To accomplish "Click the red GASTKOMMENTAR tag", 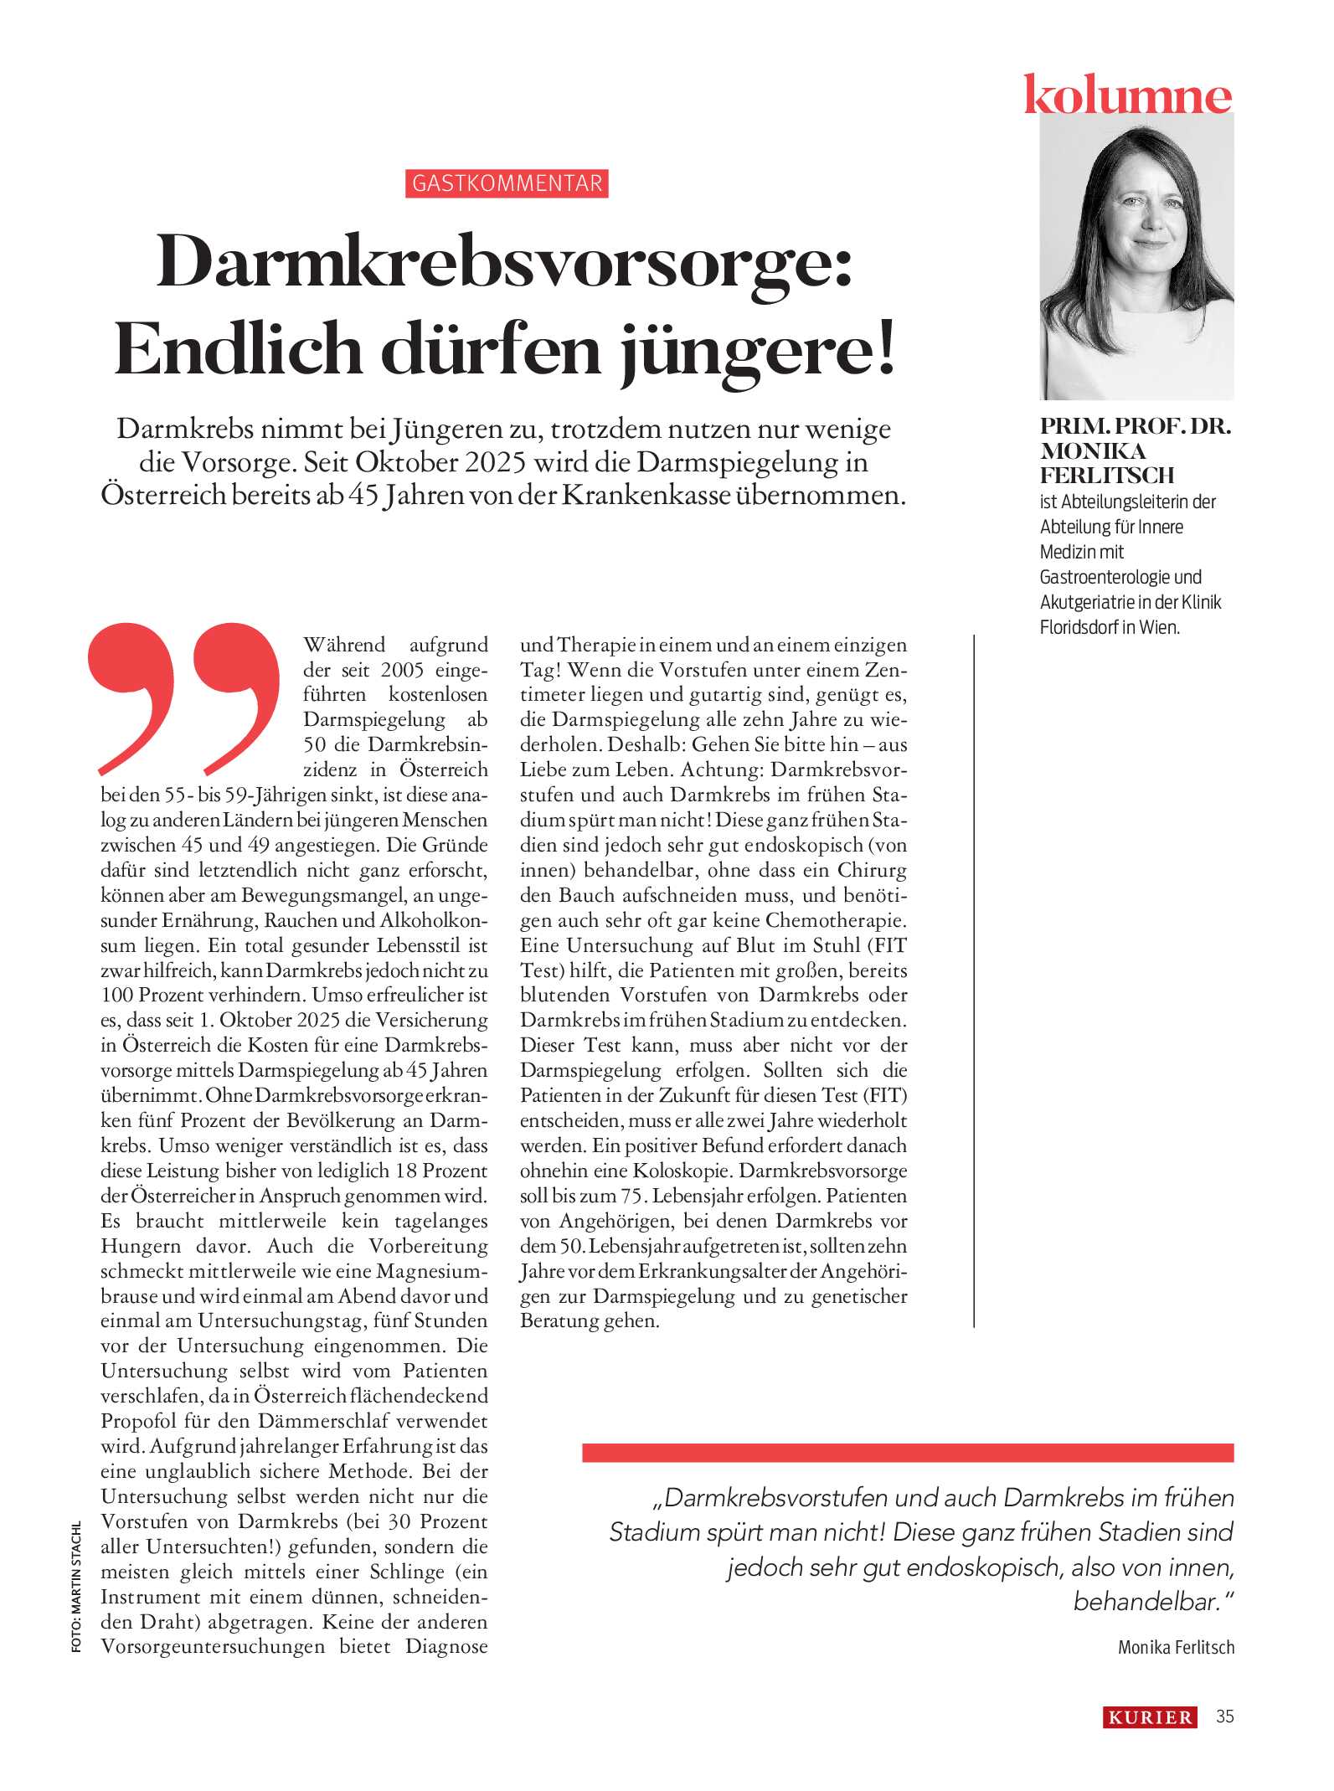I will (507, 183).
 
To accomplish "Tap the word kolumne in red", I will (1127, 95).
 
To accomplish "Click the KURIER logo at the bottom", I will (1150, 1717).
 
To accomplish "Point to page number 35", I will (1224, 1716).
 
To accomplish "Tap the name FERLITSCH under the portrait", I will (1106, 476).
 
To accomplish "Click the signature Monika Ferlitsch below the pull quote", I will (1176, 1647).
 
